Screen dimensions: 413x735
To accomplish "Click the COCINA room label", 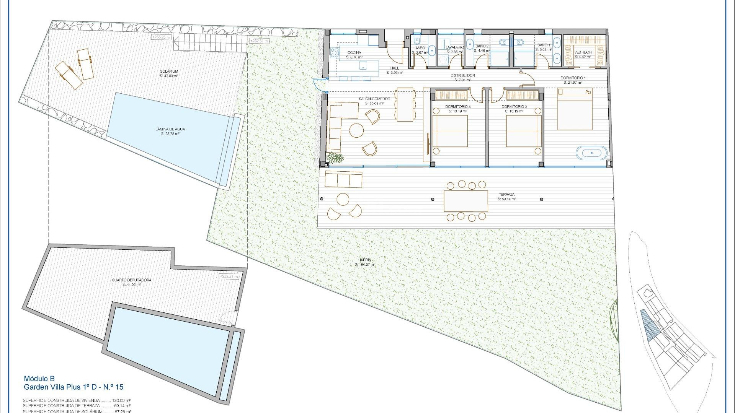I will pyautogui.click(x=354, y=53).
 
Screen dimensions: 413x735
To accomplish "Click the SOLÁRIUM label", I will pyautogui.click(x=169, y=72).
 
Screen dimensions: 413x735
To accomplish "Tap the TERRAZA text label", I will pyautogui.click(x=506, y=195).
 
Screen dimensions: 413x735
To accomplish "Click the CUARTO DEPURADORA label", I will pyautogui.click(x=131, y=280).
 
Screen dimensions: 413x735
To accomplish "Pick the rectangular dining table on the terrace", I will pyautogui.click(x=465, y=201).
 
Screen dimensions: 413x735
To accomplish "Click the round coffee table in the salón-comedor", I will pyautogui.click(x=357, y=130).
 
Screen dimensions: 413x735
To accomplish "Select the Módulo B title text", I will pyautogui.click(x=39, y=379).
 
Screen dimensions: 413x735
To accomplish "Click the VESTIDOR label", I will pyautogui.click(x=583, y=52).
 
